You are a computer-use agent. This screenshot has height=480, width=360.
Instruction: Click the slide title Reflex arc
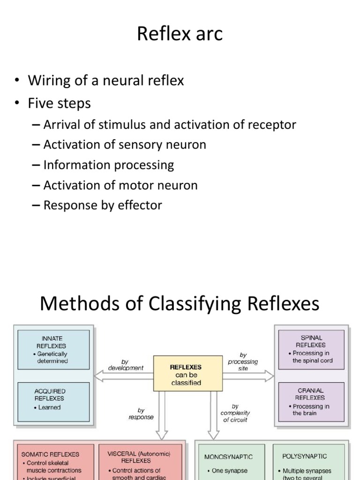point(180,35)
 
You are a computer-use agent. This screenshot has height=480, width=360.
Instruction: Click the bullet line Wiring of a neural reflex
point(106,81)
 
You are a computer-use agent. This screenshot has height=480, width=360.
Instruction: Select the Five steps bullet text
point(60,103)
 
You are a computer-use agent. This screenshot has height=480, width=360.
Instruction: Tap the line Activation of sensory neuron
point(125,145)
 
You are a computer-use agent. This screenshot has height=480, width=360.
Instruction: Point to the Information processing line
point(109,165)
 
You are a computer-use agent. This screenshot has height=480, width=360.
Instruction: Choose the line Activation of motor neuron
point(120,185)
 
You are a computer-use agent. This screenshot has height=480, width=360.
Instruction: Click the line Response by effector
point(103,205)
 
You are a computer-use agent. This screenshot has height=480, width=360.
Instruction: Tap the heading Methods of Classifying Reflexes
point(180,304)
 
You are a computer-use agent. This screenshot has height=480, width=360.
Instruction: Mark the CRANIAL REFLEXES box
point(311,401)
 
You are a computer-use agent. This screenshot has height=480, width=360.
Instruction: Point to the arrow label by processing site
point(243,362)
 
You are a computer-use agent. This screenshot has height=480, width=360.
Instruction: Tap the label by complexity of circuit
point(235,413)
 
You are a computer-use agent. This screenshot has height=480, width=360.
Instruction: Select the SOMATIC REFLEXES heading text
point(50,454)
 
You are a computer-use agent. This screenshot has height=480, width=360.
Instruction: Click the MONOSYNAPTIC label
point(229,456)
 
